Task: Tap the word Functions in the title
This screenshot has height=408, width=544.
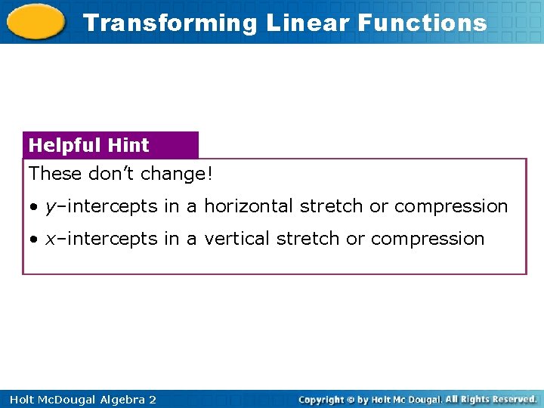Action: (422, 23)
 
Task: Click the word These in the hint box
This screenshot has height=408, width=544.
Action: (55, 174)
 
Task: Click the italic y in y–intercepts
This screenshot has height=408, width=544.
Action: (50, 207)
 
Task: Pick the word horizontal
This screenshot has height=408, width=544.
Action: (249, 206)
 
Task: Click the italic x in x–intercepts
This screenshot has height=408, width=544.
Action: (50, 239)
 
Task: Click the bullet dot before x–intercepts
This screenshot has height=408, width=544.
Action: (34, 240)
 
